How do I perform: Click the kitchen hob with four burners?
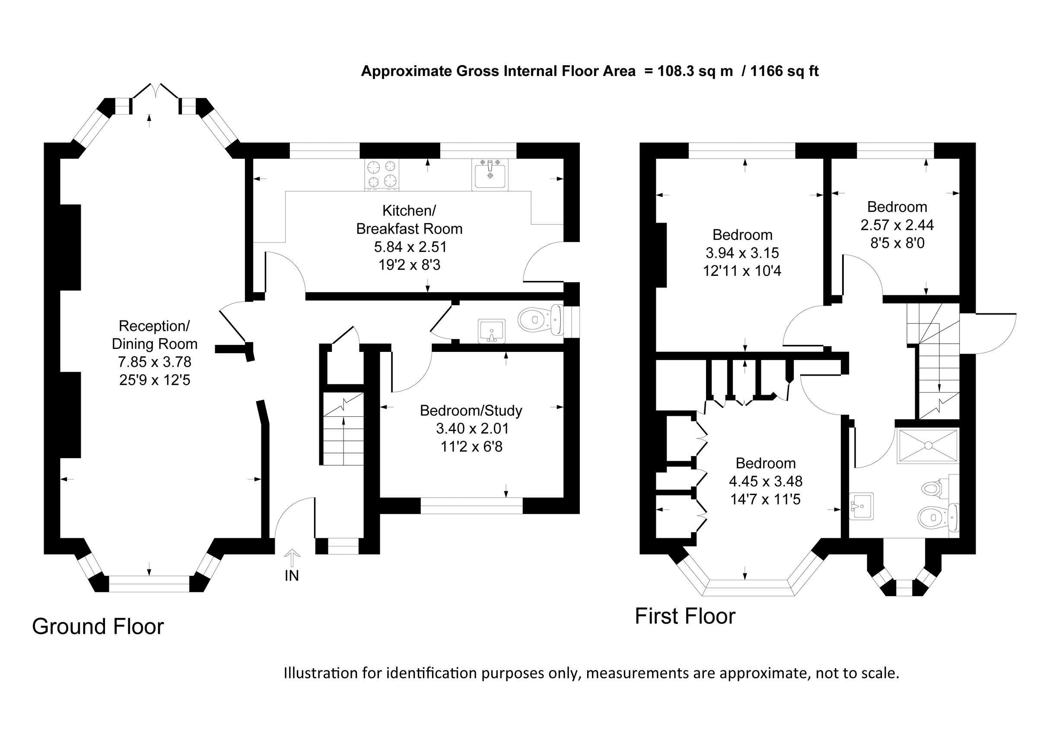[x=382, y=174]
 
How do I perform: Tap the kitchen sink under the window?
[x=490, y=175]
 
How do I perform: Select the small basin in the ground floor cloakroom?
[x=492, y=331]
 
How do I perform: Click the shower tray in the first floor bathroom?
[x=928, y=445]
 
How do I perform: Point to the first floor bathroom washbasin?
[x=861, y=506]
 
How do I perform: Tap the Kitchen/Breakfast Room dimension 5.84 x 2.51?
[x=410, y=247]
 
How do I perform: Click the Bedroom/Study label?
[x=471, y=410]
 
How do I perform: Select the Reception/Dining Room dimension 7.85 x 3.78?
[x=155, y=362]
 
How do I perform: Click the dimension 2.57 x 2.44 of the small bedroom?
[x=897, y=225]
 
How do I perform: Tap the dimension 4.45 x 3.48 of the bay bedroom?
[x=765, y=481]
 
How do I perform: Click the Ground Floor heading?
[x=98, y=626]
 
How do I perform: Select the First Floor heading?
[x=685, y=616]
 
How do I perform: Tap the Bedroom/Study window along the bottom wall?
[x=471, y=506]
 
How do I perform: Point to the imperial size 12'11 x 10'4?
[x=742, y=271]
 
